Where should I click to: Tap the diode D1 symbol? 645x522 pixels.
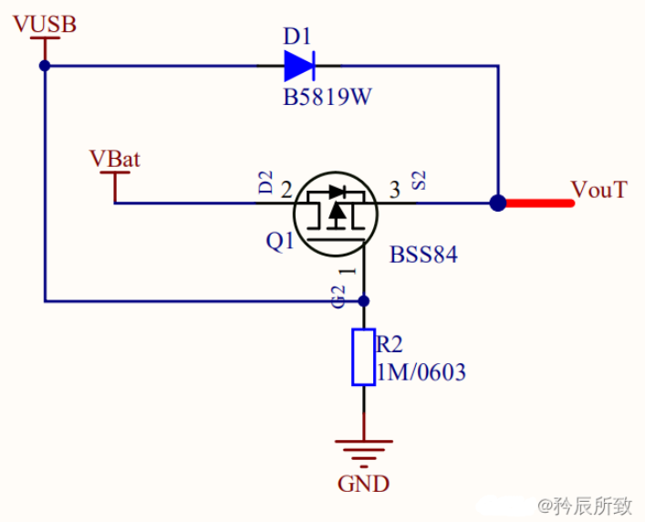tap(298, 66)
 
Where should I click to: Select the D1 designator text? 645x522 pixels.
tap(297, 37)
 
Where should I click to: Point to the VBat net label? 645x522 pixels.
tap(115, 158)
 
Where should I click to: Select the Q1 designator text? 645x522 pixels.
tap(279, 242)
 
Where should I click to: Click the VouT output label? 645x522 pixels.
tap(599, 190)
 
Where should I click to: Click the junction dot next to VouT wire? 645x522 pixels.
tap(498, 203)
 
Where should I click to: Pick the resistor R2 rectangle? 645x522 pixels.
tap(363, 358)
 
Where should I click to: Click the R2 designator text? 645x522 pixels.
tap(390, 344)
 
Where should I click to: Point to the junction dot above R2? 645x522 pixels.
tap(363, 300)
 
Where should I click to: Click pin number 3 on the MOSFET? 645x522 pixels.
tap(394, 191)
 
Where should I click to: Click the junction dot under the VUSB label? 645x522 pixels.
tap(44, 66)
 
